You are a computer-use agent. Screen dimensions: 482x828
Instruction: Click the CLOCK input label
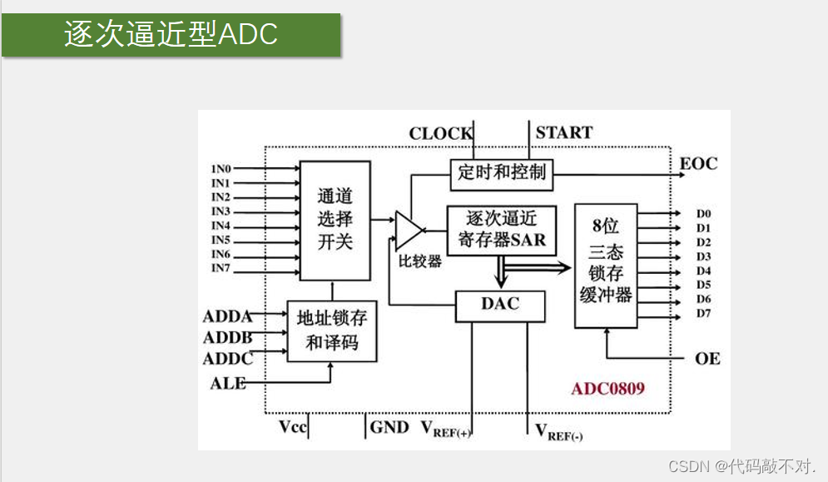(x=440, y=133)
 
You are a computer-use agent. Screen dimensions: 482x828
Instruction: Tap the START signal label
(x=563, y=132)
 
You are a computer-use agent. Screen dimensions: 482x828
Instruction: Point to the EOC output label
(x=698, y=163)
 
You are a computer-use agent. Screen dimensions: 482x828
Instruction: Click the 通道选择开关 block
(x=335, y=220)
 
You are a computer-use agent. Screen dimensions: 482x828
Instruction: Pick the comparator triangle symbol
(x=408, y=230)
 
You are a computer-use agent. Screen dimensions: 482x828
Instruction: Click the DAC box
(x=499, y=305)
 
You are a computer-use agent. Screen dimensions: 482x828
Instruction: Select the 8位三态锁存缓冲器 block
(x=606, y=265)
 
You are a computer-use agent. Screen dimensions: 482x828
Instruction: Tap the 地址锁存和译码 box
(x=331, y=330)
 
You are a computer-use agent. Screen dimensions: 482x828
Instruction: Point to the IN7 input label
(x=221, y=267)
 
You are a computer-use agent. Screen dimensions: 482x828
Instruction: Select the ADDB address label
(x=228, y=337)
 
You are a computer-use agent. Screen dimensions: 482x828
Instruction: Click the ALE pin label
(x=228, y=383)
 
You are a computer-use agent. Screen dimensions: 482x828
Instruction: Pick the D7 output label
(x=704, y=313)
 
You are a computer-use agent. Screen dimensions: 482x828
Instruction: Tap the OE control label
(x=707, y=359)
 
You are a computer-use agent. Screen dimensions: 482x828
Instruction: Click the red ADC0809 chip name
(x=607, y=388)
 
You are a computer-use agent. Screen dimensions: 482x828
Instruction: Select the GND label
(x=389, y=427)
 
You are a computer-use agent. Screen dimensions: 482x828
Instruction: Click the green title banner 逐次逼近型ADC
(x=171, y=34)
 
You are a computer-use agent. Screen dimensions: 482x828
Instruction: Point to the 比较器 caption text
(x=419, y=261)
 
